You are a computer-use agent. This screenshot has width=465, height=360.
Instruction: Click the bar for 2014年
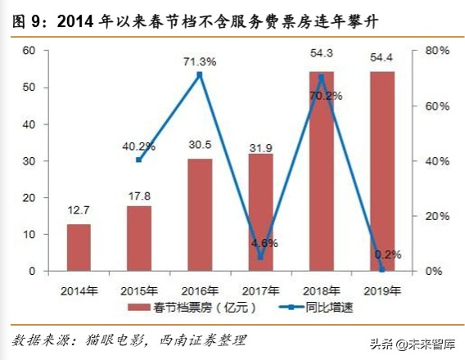click(79, 247)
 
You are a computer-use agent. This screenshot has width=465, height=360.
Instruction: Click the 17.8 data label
click(139, 193)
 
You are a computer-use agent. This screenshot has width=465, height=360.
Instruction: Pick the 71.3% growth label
click(200, 61)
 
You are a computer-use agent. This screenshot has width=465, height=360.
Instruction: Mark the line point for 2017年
click(260, 257)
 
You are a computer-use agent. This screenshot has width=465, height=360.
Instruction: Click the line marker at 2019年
click(382, 269)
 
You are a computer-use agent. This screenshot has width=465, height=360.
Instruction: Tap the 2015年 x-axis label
click(139, 289)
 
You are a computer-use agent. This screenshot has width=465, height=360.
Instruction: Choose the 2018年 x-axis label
click(322, 289)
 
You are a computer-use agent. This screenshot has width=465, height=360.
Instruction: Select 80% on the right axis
click(438, 51)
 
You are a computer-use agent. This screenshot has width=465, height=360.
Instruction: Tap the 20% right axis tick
click(438, 216)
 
